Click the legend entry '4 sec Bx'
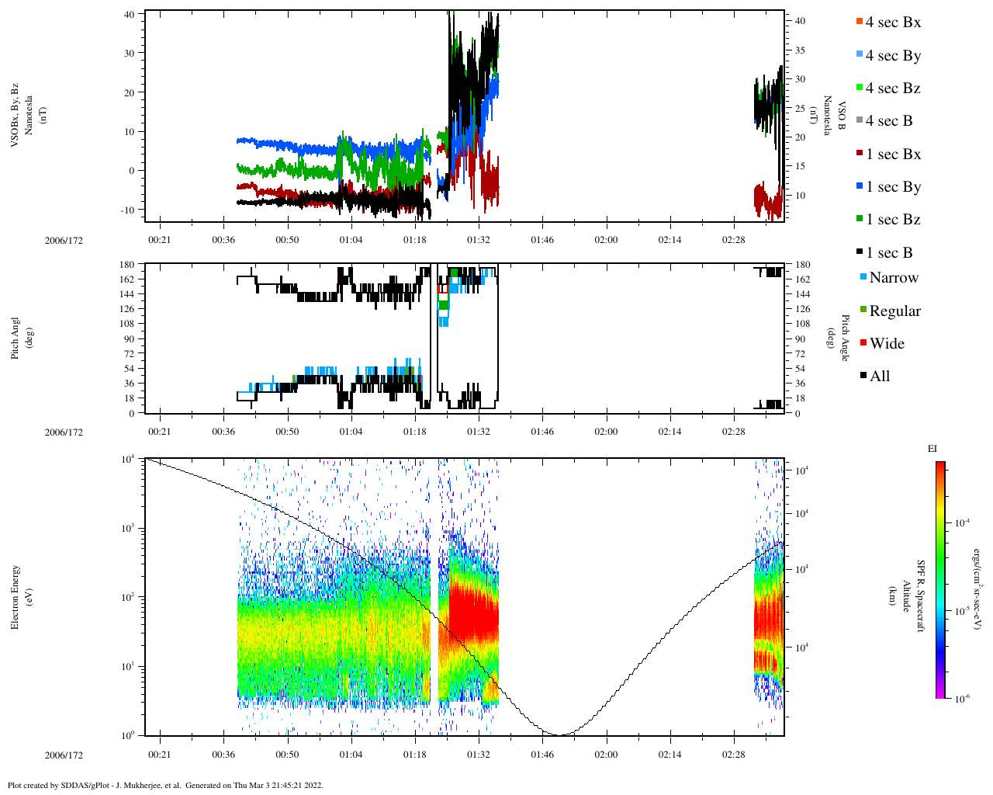point(893,23)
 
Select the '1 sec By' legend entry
point(893,187)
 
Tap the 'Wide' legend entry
point(887,344)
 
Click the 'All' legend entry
point(880,377)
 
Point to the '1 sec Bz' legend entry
point(893,220)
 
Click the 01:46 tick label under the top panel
point(542,240)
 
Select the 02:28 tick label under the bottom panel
point(733,755)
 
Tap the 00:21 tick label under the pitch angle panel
point(160,432)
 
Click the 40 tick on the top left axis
point(129,14)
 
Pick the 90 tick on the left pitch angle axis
point(127,339)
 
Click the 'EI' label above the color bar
point(932,449)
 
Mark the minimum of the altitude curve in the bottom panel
point(559,734)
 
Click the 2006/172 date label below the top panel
point(64,241)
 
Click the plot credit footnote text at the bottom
point(165,785)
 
